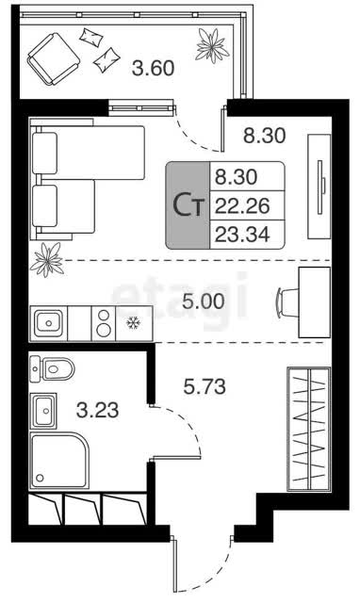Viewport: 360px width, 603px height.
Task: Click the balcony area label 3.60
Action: (x=153, y=69)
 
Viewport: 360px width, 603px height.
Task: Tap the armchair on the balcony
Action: (x=54, y=58)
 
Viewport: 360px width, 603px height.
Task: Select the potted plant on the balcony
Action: (x=212, y=45)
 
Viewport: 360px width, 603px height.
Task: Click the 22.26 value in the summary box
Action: (x=242, y=205)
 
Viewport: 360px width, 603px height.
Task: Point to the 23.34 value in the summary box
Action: (x=242, y=234)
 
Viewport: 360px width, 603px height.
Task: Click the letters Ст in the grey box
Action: (x=188, y=205)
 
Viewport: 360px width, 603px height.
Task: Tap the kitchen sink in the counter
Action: (x=48, y=323)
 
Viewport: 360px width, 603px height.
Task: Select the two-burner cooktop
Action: (x=104, y=323)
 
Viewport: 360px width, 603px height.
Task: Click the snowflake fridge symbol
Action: (x=133, y=323)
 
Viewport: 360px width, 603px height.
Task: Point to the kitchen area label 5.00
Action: (x=203, y=301)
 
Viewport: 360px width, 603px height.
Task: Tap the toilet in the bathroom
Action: (x=52, y=369)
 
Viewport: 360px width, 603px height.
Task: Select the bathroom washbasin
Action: (x=43, y=411)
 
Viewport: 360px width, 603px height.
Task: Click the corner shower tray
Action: (x=59, y=461)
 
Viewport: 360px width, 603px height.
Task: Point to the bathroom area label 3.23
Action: (x=97, y=411)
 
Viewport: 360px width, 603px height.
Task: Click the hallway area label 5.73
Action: (x=205, y=386)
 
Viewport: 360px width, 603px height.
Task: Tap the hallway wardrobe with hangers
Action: (x=308, y=429)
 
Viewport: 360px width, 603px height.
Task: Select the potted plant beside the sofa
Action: (x=47, y=260)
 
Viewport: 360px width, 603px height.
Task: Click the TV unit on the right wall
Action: (x=319, y=187)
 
